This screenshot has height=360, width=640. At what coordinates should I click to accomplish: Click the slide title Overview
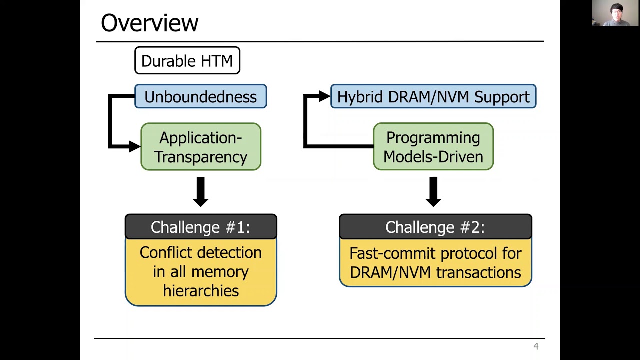(x=149, y=23)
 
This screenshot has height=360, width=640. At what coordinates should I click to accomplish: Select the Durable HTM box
(x=187, y=61)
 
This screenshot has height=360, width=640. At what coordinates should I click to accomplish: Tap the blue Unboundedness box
(x=200, y=97)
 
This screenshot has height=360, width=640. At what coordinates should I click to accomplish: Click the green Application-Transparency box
(x=200, y=147)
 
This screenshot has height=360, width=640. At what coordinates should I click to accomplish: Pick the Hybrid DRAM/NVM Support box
(x=433, y=97)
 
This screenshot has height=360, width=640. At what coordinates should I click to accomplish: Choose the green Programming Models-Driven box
(x=433, y=147)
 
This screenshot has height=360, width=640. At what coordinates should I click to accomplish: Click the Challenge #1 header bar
(x=200, y=227)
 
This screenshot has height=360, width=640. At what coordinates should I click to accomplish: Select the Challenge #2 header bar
(x=435, y=227)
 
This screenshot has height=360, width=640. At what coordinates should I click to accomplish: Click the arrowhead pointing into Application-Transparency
(x=134, y=146)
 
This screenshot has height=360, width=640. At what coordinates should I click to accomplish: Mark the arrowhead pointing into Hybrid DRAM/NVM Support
(x=324, y=97)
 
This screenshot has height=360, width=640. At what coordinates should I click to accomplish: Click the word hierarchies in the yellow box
(x=201, y=291)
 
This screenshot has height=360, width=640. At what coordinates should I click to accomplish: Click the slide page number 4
(x=536, y=346)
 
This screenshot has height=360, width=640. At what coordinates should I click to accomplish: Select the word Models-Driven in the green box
(x=433, y=157)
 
